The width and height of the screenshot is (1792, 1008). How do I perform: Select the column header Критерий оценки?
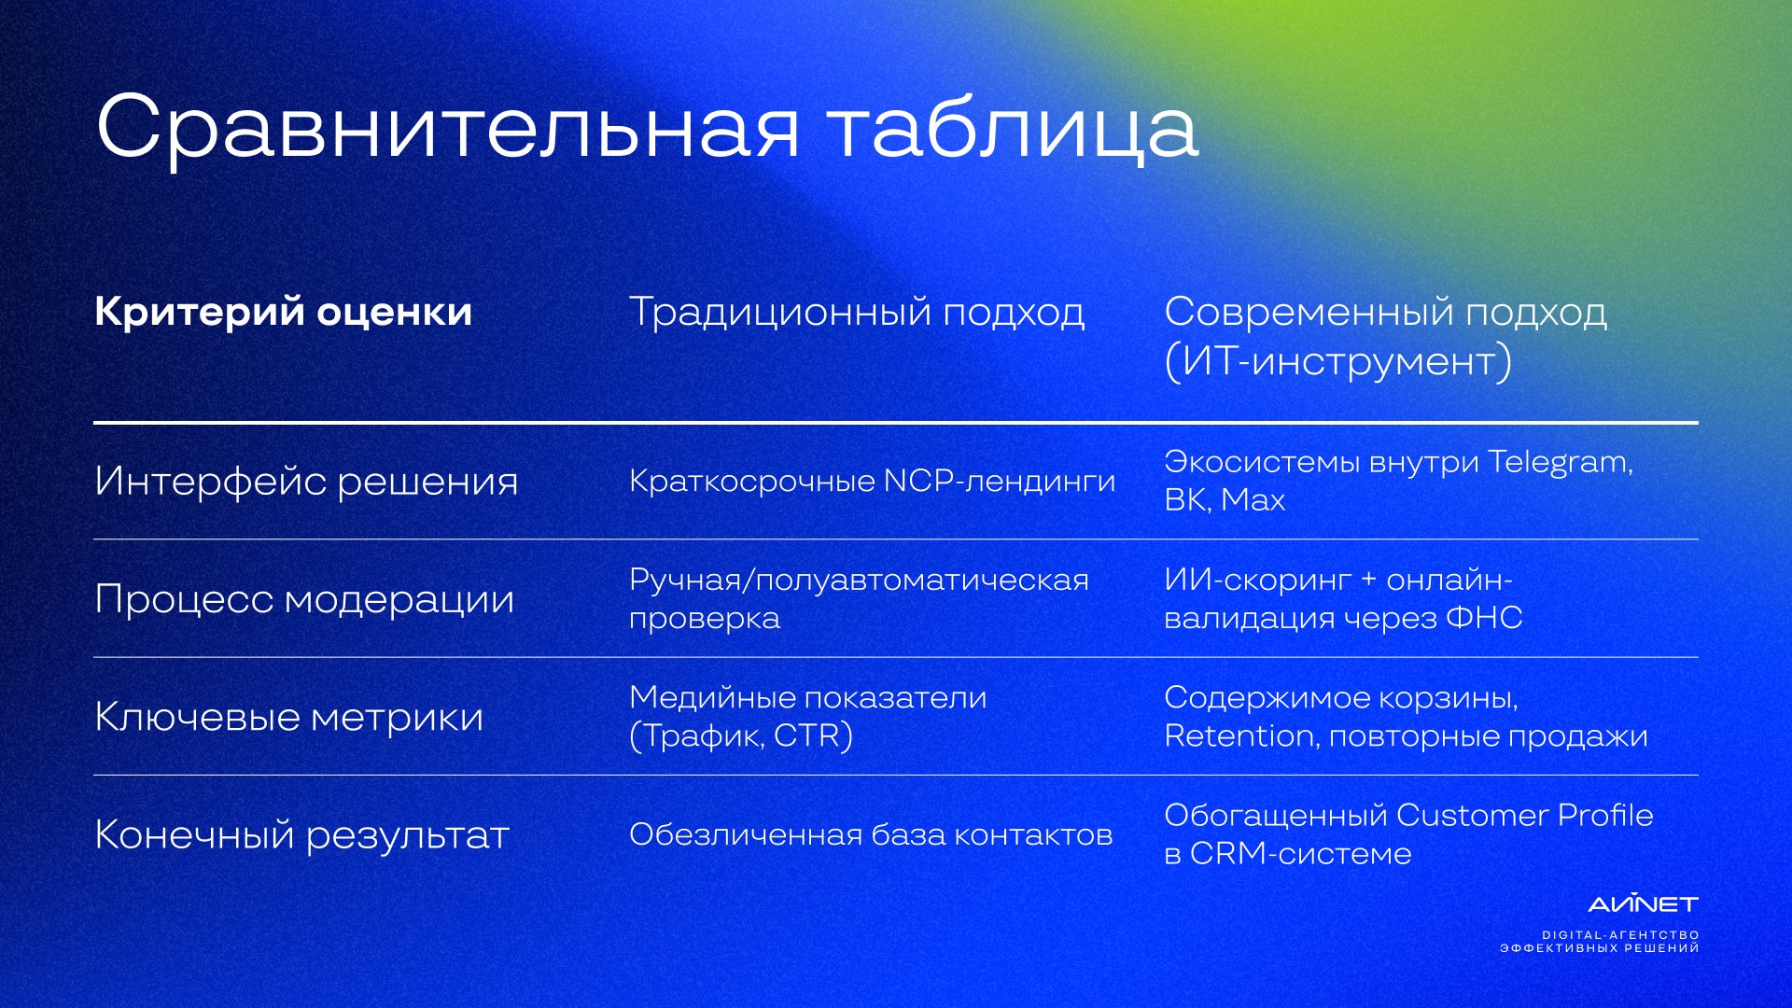pyautogui.click(x=284, y=312)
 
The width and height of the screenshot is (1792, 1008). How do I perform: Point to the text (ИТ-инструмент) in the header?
pyautogui.click(x=1338, y=361)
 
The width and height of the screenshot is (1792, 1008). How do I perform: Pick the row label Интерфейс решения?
pyautogui.click(x=306, y=482)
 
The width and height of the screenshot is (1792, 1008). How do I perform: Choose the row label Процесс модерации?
pyautogui.click(x=304, y=599)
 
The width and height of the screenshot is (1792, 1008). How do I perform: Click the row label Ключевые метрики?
pyautogui.click(x=289, y=717)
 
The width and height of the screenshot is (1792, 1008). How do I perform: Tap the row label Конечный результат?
pyautogui.click(x=302, y=835)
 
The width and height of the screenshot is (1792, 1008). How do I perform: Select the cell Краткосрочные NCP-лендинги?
pyautogui.click(x=873, y=481)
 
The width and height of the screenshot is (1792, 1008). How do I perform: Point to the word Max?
pyautogui.click(x=1253, y=500)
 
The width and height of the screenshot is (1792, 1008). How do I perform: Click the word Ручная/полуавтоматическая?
pyautogui.click(x=860, y=581)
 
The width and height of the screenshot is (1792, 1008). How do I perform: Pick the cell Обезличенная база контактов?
pyautogui.click(x=871, y=834)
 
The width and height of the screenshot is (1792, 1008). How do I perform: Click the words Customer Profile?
pyautogui.click(x=1525, y=816)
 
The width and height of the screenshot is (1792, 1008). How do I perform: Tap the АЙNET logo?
pyautogui.click(x=1644, y=903)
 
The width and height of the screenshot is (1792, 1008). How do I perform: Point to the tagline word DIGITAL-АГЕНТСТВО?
pyautogui.click(x=1620, y=935)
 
